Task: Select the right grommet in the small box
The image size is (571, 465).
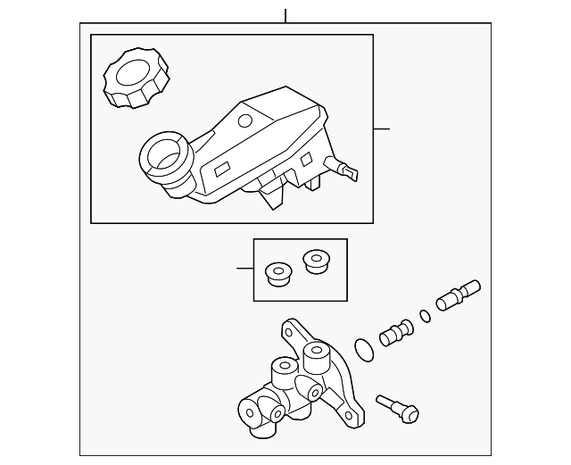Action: tap(315, 260)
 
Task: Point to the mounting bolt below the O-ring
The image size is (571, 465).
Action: tap(396, 408)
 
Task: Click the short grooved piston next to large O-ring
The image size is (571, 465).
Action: tap(396, 333)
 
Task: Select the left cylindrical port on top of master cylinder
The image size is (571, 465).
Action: tap(282, 369)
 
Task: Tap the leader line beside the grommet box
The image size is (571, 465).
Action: tap(244, 267)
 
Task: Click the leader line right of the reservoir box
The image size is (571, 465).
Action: tap(381, 129)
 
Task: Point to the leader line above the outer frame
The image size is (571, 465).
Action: tap(285, 15)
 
